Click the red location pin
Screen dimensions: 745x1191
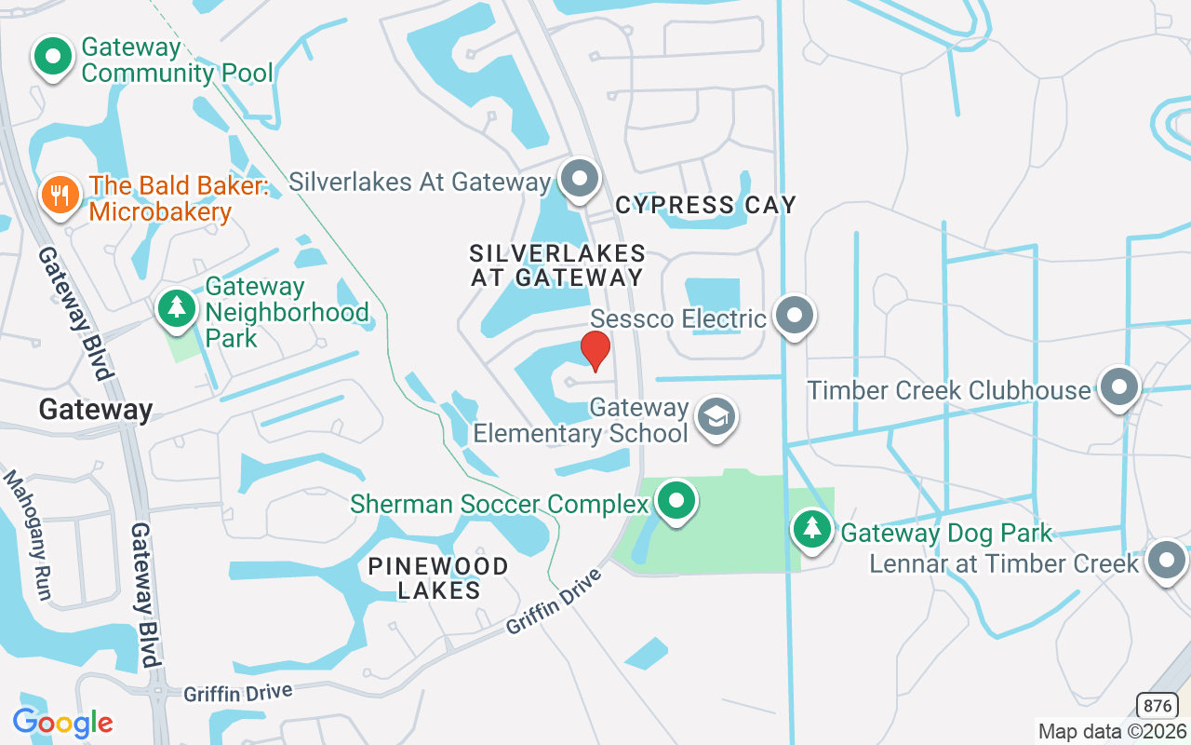pyautogui.click(x=595, y=350)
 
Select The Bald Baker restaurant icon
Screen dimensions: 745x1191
pyautogui.click(x=60, y=195)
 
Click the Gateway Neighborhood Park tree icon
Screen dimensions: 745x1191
pyautogui.click(x=176, y=307)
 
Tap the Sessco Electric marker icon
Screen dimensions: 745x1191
pyautogui.click(x=794, y=316)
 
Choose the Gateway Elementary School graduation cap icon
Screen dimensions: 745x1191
pyautogui.click(x=715, y=417)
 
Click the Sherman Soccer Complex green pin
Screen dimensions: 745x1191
pyautogui.click(x=676, y=501)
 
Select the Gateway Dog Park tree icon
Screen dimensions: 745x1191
pyautogui.click(x=812, y=528)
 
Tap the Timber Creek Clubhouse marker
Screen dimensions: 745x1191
pyautogui.click(x=1118, y=386)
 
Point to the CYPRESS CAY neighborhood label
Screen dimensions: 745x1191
pyautogui.click(x=705, y=205)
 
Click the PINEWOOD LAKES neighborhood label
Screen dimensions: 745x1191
pyautogui.click(x=438, y=577)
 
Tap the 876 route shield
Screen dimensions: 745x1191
pyautogui.click(x=1157, y=705)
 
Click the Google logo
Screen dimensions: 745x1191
pyautogui.click(x=62, y=723)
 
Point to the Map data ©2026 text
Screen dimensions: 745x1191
pyautogui.click(x=1112, y=731)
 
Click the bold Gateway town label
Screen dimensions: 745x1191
pyautogui.click(x=96, y=410)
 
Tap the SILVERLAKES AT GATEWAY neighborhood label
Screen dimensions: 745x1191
pyautogui.click(x=556, y=265)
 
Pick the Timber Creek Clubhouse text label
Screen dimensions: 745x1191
pyautogui.click(x=948, y=390)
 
